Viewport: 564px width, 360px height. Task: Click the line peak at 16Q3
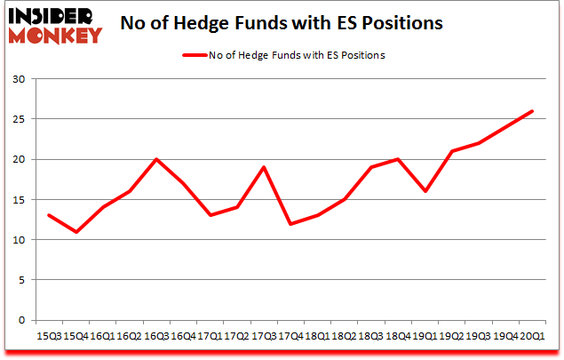[x=156, y=159]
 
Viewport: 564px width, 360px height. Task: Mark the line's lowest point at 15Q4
[x=75, y=232]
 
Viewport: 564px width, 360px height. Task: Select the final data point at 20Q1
[x=532, y=111]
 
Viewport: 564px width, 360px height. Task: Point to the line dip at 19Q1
[x=425, y=191]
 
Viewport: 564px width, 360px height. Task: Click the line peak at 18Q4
[x=398, y=159]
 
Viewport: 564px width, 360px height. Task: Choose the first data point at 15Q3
[x=49, y=215]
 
